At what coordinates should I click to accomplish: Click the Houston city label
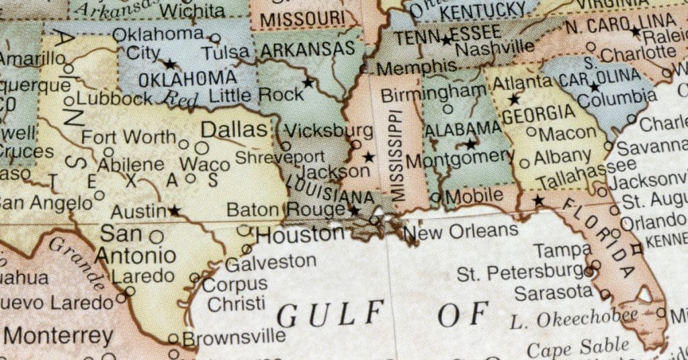(300, 235)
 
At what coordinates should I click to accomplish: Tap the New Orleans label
(463, 232)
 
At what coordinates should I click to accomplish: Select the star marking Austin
(175, 211)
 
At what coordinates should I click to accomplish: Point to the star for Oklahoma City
(170, 64)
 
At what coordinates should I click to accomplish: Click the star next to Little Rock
(308, 83)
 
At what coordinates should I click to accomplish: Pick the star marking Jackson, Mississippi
(368, 157)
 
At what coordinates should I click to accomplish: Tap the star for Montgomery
(470, 144)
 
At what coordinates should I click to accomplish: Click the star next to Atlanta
(514, 99)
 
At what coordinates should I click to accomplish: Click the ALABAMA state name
(463, 128)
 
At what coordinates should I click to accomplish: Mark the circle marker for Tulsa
(215, 38)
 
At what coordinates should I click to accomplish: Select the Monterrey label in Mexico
(60, 335)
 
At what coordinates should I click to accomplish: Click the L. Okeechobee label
(573, 317)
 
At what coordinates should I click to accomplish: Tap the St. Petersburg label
(520, 273)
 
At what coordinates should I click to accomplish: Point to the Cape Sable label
(578, 348)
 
